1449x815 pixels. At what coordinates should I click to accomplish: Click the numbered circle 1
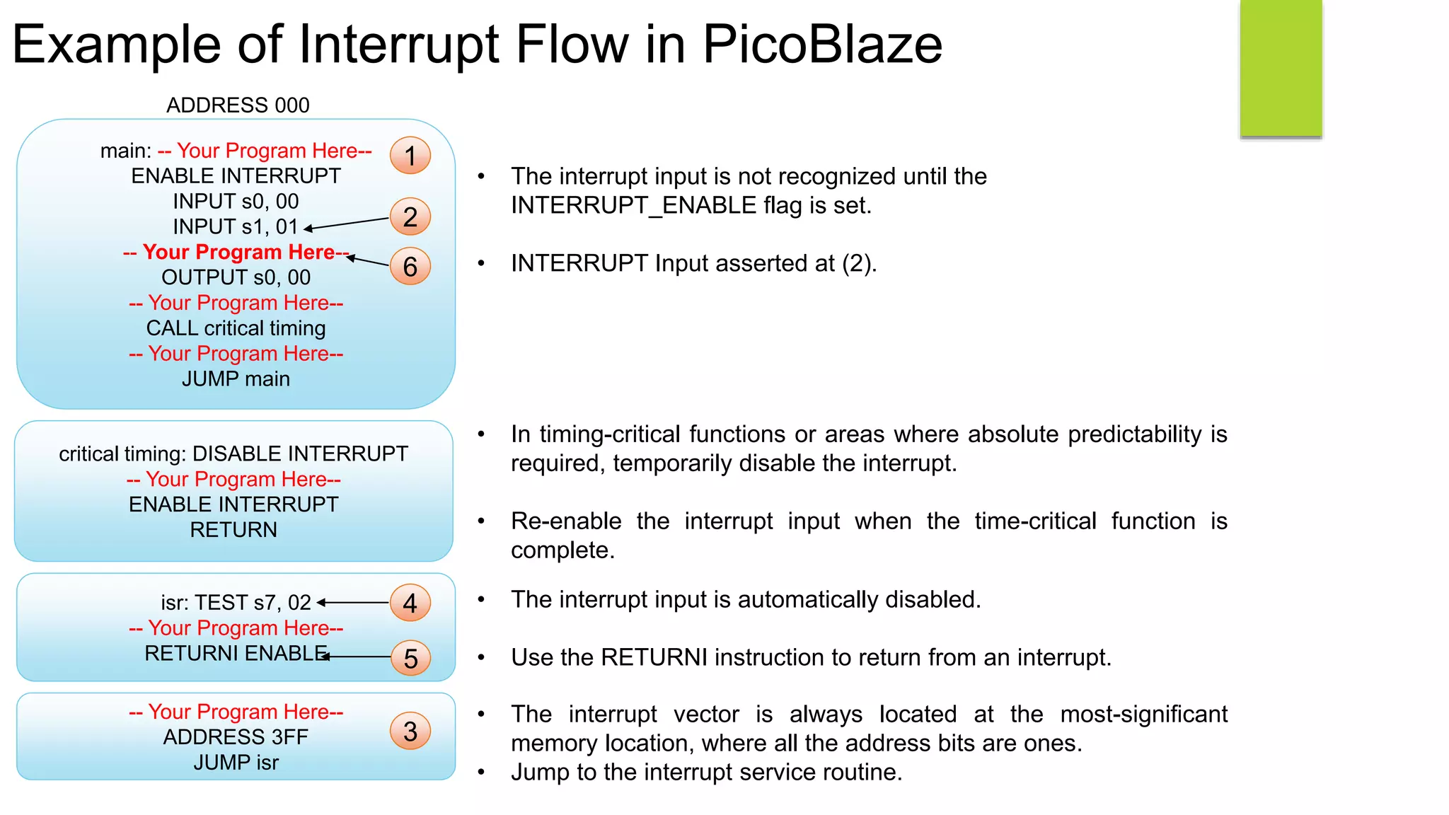[410, 156]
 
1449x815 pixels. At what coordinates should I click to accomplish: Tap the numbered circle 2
[410, 216]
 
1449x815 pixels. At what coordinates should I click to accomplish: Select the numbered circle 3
[410, 732]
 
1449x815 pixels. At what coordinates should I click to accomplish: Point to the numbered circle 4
[410, 603]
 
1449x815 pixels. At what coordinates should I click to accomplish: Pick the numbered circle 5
[410, 658]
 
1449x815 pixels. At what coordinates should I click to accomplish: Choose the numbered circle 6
[410, 267]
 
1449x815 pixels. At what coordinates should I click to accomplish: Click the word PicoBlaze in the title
[822, 45]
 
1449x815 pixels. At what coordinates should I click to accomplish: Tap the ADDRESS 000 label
[238, 105]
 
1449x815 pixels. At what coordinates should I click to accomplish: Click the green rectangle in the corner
[1281, 68]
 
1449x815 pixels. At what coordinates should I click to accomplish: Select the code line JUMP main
[236, 379]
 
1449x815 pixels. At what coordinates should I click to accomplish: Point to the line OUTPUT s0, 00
[236, 277]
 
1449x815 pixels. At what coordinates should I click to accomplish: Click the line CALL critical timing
[236, 328]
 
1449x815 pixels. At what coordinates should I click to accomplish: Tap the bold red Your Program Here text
[236, 253]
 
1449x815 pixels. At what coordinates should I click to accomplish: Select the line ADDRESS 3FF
[236, 737]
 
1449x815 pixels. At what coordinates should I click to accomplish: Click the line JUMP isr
[236, 763]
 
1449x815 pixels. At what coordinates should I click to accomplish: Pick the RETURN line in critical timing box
[233, 530]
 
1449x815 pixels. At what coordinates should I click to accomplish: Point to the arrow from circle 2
[347, 224]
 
